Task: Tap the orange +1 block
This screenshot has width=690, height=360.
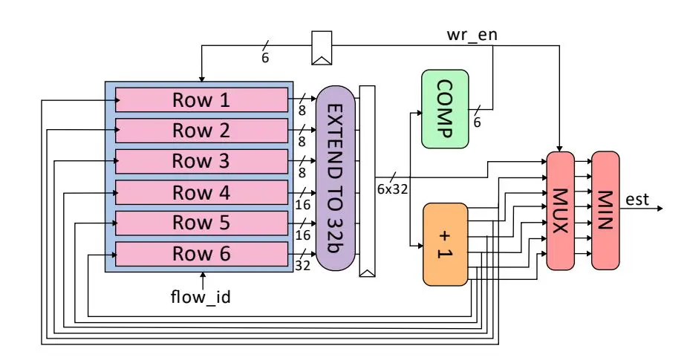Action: (x=445, y=244)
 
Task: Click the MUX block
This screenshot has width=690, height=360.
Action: (x=561, y=210)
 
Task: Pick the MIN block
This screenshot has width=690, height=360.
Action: (x=605, y=210)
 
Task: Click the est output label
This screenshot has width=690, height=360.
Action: (x=637, y=198)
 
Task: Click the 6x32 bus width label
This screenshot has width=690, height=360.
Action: (x=391, y=189)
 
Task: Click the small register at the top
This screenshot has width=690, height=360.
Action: (x=322, y=47)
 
